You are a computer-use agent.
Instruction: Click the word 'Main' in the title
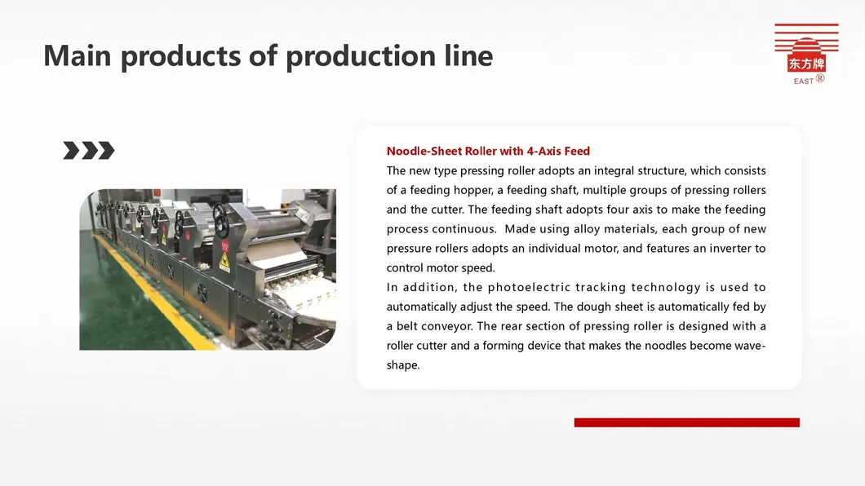(78, 55)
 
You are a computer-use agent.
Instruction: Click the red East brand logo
(806, 54)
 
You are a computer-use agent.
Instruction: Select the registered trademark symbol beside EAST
(820, 78)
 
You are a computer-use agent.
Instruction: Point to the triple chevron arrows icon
(89, 150)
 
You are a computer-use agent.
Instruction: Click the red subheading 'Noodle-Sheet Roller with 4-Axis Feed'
(488, 151)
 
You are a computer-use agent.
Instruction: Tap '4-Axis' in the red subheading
(543, 151)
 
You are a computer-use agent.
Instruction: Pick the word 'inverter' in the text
(716, 249)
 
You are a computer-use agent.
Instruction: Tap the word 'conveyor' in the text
(447, 327)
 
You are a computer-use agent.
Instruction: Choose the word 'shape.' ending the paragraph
(403, 365)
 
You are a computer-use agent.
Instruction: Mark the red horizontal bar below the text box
(687, 422)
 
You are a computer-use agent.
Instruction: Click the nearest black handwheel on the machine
(222, 219)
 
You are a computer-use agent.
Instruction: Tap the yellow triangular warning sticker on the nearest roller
(224, 262)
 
